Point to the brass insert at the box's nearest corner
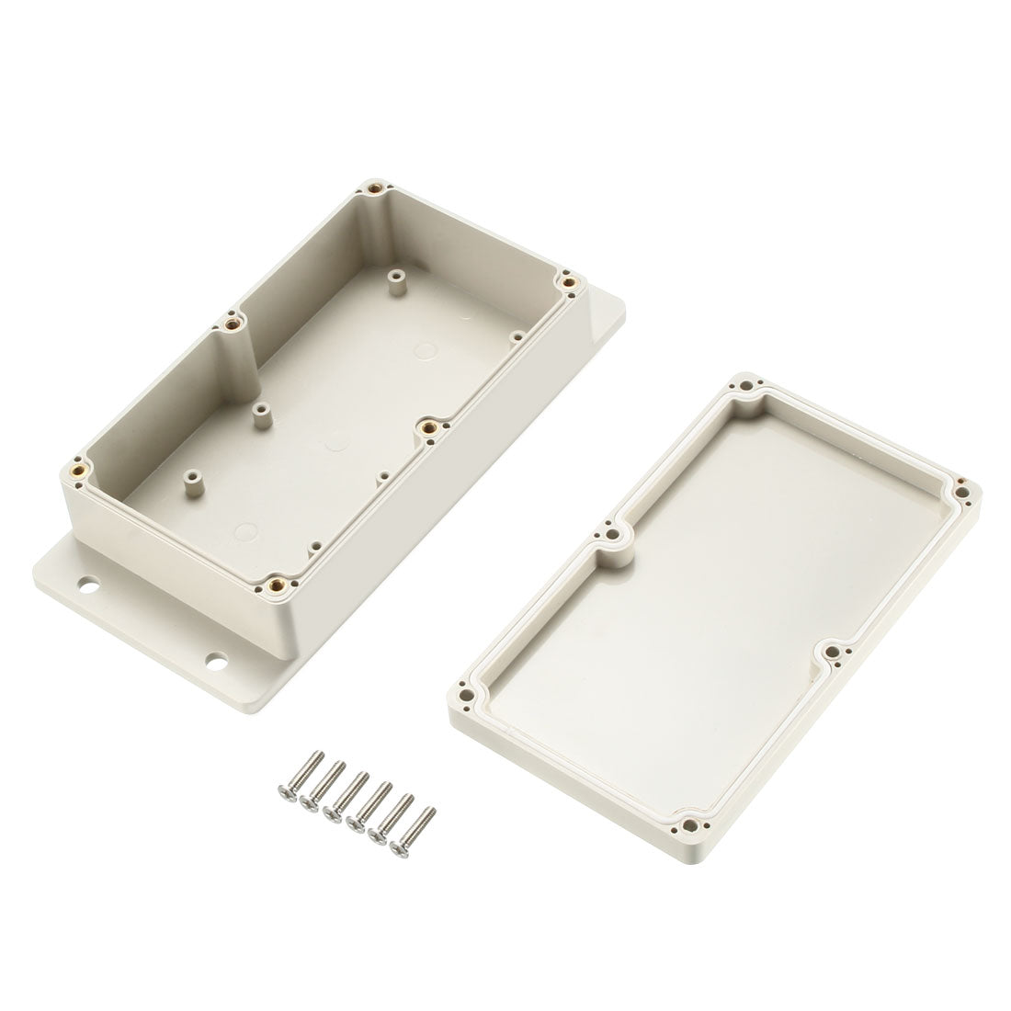[274, 581]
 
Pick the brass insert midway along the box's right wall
[426, 426]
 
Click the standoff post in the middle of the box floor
[260, 406]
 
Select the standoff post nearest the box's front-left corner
[194, 475]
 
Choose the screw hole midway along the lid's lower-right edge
[831, 652]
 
